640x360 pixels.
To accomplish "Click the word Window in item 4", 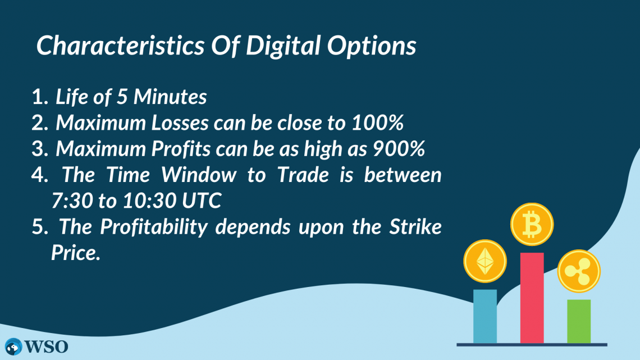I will click(x=199, y=175).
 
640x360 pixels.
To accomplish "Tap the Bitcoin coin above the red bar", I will click(x=532, y=225).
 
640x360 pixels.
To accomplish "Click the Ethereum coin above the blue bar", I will click(x=484, y=262).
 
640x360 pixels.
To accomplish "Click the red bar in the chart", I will click(x=532, y=298).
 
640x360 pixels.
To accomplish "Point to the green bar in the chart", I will click(x=578, y=321).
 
